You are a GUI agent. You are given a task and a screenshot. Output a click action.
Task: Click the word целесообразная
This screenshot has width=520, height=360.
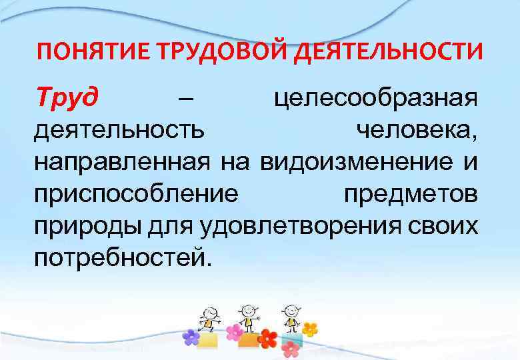tap(376, 101)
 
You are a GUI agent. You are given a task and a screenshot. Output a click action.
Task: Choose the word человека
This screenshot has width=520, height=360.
tap(415, 132)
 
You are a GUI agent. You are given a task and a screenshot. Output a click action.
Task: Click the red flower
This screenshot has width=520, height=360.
tap(267, 338)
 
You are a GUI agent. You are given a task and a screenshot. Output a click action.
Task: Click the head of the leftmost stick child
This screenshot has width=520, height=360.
tap(209, 313)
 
